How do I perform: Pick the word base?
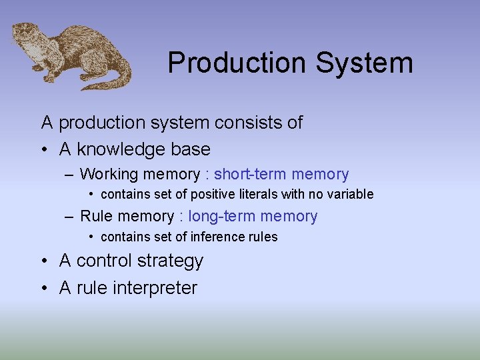pos(191,149)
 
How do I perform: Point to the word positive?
pos(213,195)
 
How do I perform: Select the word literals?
pos(260,195)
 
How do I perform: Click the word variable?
pos(351,195)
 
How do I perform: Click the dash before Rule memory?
pos(69,217)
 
